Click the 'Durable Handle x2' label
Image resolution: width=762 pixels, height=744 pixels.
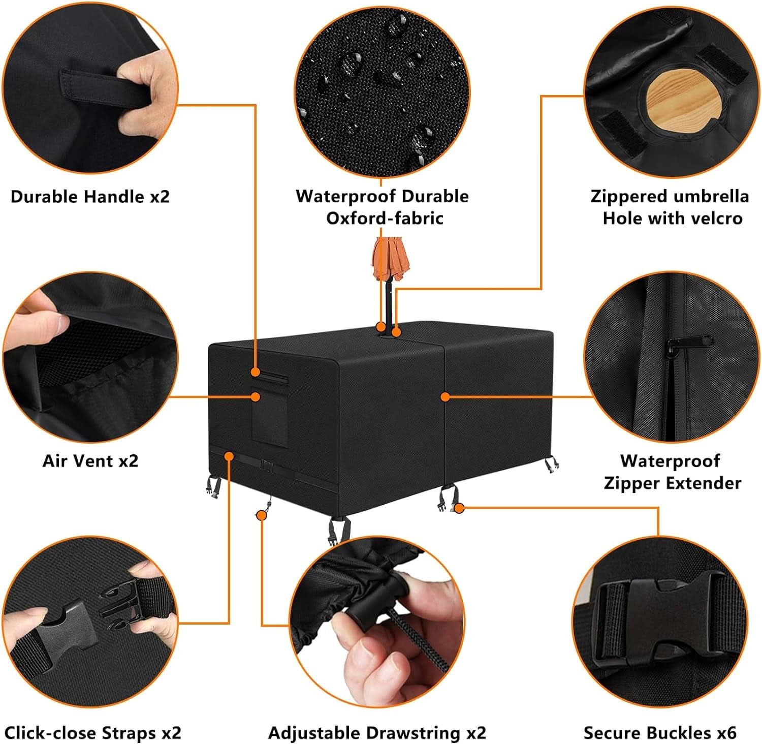click(90, 196)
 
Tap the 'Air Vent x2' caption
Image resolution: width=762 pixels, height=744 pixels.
click(90, 460)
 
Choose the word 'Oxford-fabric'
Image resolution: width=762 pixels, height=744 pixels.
click(385, 218)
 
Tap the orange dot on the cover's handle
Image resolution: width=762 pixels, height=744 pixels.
click(256, 373)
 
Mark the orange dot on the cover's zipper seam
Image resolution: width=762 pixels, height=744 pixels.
click(445, 396)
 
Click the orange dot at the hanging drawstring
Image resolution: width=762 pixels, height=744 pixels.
click(262, 515)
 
